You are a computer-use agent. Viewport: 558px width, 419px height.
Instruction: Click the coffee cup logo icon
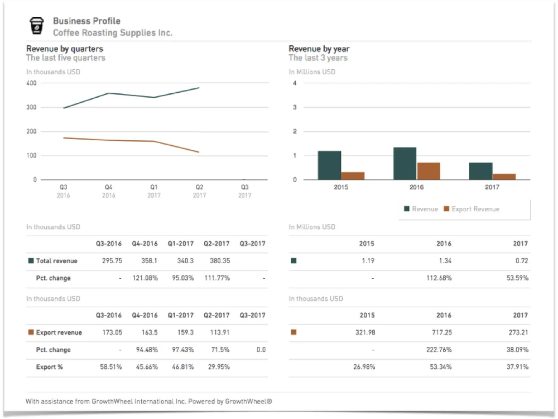pos(36,26)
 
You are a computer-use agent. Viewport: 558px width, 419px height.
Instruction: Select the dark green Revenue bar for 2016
pos(405,164)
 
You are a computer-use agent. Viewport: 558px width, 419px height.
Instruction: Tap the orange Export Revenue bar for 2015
pos(353,175)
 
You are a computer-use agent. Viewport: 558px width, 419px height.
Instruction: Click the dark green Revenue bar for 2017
pos(480,171)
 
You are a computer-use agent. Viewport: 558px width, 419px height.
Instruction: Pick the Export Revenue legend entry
pos(471,209)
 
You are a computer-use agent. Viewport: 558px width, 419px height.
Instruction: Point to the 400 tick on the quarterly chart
pos(31,83)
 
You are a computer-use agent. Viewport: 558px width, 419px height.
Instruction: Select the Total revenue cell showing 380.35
pos(217,261)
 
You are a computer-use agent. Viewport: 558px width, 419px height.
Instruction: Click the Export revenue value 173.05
pos(108,332)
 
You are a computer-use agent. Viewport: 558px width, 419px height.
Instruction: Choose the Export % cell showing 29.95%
pos(217,367)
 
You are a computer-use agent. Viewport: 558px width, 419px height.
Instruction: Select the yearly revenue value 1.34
pos(445,261)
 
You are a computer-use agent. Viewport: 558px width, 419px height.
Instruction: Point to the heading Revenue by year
pos(319,49)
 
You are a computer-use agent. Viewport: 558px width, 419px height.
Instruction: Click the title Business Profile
pos(86,21)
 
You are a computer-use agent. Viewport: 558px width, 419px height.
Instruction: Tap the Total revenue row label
pos(56,261)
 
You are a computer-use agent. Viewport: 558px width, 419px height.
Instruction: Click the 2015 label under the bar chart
pos(340,187)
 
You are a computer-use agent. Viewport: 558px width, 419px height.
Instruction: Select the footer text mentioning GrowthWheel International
pos(148,401)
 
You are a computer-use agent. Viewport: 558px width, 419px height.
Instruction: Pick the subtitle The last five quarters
pos(65,58)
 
